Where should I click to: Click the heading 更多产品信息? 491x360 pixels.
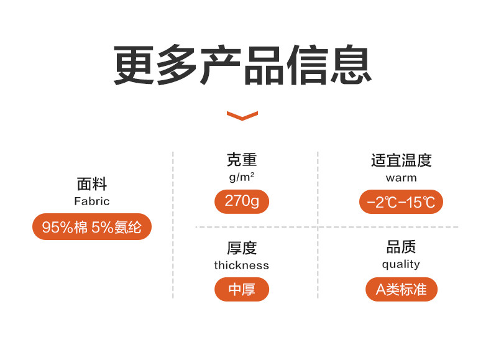[x=243, y=64]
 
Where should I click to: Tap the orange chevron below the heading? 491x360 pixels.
[x=242, y=115]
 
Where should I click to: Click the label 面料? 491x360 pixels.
[x=92, y=184]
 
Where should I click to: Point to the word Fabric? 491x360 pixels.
[x=92, y=201]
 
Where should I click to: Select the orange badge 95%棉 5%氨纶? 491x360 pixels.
[x=92, y=227]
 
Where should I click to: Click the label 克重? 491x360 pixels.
[x=241, y=160]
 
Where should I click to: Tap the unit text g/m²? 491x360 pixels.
[x=241, y=177]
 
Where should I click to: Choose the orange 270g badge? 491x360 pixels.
[x=241, y=201]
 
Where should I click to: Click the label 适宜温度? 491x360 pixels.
[x=401, y=160]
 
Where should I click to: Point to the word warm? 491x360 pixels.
[x=401, y=178]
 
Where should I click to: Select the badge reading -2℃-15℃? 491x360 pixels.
[x=401, y=202]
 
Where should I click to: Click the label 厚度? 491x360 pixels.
[x=241, y=247]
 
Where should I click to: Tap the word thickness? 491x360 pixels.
[x=241, y=265]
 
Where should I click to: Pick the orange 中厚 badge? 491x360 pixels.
[x=241, y=289]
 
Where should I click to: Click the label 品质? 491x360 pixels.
[x=401, y=247]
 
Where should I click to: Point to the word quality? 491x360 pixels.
[x=401, y=264]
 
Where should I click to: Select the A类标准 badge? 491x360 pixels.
[x=401, y=289]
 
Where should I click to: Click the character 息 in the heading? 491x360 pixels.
[x=351, y=64]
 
